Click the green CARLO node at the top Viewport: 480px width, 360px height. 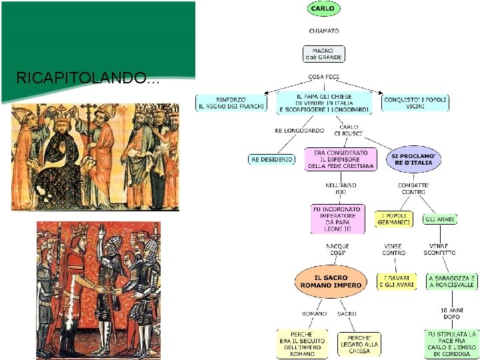(x=324, y=9)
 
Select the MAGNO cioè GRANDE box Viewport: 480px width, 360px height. (x=324, y=53)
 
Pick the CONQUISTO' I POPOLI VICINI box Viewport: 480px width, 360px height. (x=415, y=103)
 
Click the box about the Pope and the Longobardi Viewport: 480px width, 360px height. (x=324, y=103)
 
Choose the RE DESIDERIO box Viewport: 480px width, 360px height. (x=271, y=159)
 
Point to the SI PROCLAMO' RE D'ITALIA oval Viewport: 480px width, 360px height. (x=413, y=159)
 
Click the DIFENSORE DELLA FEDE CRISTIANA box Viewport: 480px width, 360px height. (x=337, y=160)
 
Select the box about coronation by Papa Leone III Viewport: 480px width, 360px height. (x=337, y=219)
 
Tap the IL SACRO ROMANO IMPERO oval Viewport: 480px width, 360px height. (x=331, y=281)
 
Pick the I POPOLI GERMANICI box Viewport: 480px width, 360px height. (x=393, y=219)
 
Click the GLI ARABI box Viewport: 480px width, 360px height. (x=440, y=219)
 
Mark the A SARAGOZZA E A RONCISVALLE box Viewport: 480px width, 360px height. (x=451, y=281)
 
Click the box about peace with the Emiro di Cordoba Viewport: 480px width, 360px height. (x=451, y=343)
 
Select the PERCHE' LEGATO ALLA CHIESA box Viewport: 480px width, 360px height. (x=359, y=344)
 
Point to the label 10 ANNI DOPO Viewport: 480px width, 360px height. (x=451, y=313)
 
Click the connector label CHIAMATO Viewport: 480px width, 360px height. (x=324, y=31)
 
